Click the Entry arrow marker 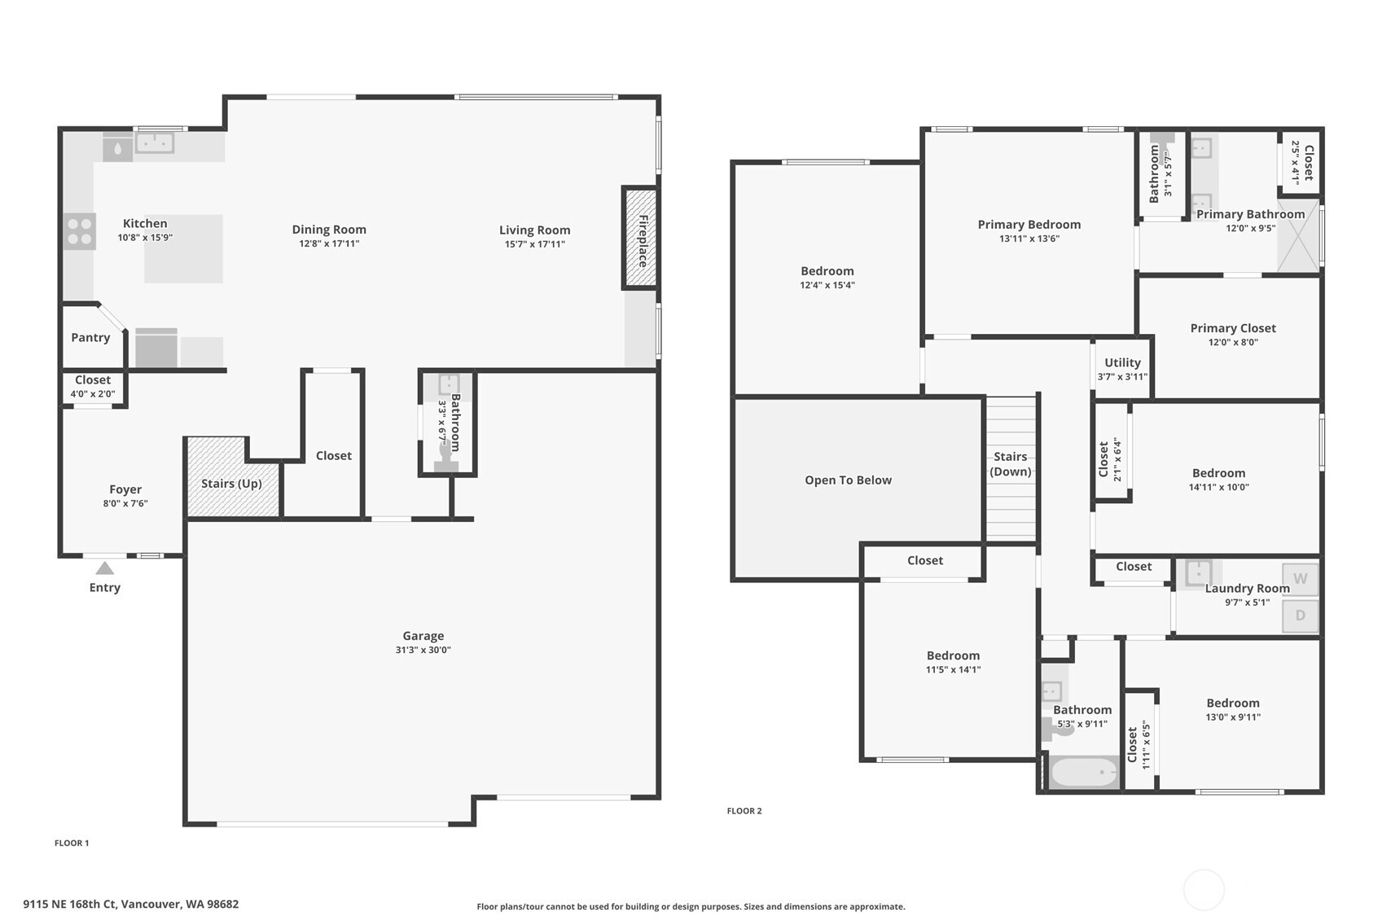coord(105,568)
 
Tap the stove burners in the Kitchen coord(80,231)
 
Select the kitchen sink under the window coord(155,143)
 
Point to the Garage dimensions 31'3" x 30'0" coord(423,650)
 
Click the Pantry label coord(90,337)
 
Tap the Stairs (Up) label coord(231,484)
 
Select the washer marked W coord(1300,579)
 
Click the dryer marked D coord(1300,615)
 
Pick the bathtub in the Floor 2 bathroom coord(1083,772)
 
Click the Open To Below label coord(848,480)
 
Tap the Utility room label coord(1122,362)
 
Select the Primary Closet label coord(1233,328)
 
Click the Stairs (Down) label coord(1011,464)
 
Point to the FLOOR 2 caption coord(744,810)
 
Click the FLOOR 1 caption coord(72,843)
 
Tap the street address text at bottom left coord(131,905)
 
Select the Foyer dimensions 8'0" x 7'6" coord(125,503)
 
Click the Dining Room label coord(329,230)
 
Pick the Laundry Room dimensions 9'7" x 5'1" coord(1247,602)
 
